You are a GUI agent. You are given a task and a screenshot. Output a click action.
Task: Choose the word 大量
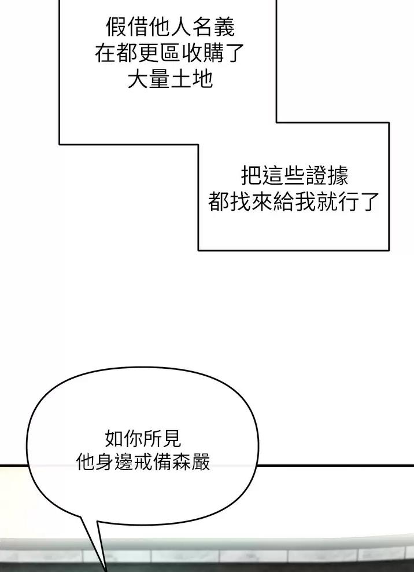pyautogui.click(x=149, y=79)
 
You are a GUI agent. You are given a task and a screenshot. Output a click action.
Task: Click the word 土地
pyautogui.click(x=191, y=79)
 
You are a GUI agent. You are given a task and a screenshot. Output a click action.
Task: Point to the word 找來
pyautogui.click(x=251, y=201)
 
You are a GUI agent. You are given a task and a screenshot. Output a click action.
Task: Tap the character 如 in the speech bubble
pyautogui.click(x=114, y=438)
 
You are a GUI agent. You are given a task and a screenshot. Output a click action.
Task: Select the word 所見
pyautogui.click(x=162, y=438)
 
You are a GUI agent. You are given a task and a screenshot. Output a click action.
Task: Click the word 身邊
pyautogui.click(x=114, y=462)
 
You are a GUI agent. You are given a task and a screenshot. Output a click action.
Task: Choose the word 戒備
pyautogui.click(x=153, y=462)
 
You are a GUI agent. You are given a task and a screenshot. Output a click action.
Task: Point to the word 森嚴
pyautogui.click(x=191, y=462)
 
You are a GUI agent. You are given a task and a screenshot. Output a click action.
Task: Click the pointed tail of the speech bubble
pyautogui.click(x=105, y=570)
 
